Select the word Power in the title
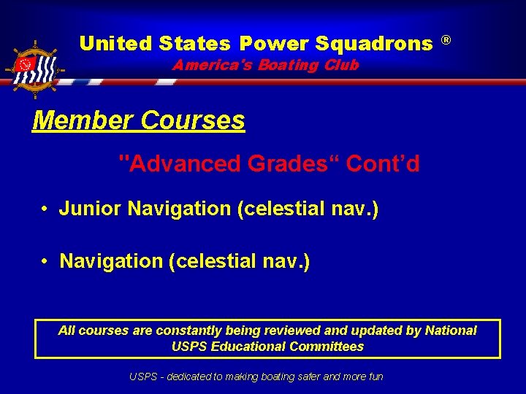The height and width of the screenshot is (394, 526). [274, 44]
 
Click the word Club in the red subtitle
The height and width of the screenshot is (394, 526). [342, 65]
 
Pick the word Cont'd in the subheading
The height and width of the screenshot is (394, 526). [383, 164]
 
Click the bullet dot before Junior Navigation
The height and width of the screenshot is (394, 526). [45, 209]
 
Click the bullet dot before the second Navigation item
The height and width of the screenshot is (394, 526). [45, 261]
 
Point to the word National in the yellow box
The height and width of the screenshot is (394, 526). [450, 331]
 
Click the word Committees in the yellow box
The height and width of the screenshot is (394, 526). [326, 347]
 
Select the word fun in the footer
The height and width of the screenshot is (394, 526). [373, 376]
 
